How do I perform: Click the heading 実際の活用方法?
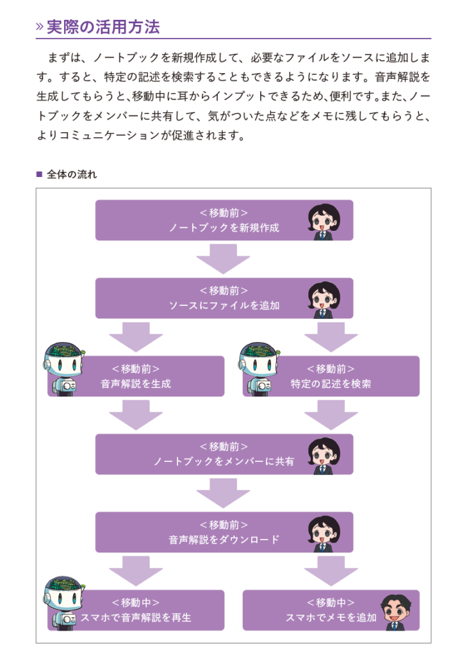[103, 27]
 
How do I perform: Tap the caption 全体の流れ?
[72, 175]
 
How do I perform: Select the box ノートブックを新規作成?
[224, 220]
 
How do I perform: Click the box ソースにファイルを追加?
[224, 298]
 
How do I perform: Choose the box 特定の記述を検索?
[331, 377]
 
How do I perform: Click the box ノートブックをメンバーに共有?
[224, 454]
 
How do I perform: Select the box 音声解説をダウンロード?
[224, 533]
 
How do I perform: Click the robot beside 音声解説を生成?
[65, 369]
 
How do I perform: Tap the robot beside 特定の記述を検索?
[259, 369]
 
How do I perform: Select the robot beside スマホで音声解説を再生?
[65, 603]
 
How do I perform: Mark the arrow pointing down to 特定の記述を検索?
[331, 336]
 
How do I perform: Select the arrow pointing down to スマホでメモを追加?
[331, 570]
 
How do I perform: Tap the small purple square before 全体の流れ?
[39, 175]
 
